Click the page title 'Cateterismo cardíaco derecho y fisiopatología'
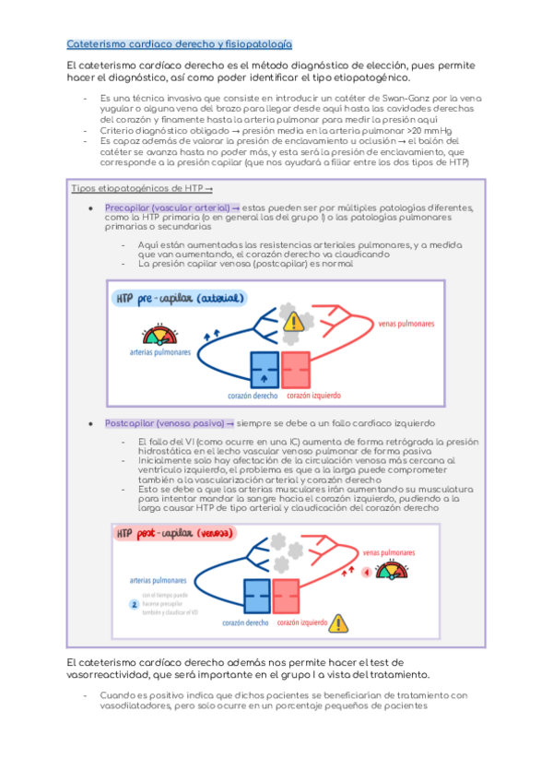click(x=180, y=43)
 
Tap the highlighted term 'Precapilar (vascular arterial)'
click(x=166, y=208)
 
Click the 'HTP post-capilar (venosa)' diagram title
click(x=175, y=534)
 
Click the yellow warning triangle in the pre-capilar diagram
click(x=293, y=321)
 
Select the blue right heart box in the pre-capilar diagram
click(x=264, y=369)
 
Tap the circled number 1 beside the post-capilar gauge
click(x=366, y=572)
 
